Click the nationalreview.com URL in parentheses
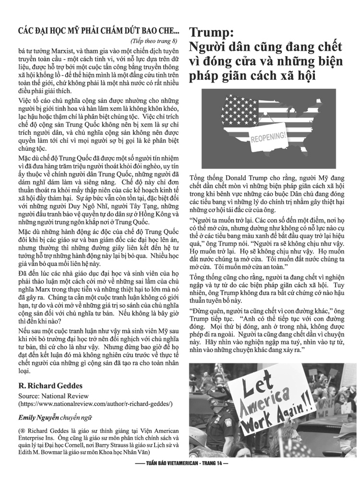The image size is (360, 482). coord(95,404)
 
